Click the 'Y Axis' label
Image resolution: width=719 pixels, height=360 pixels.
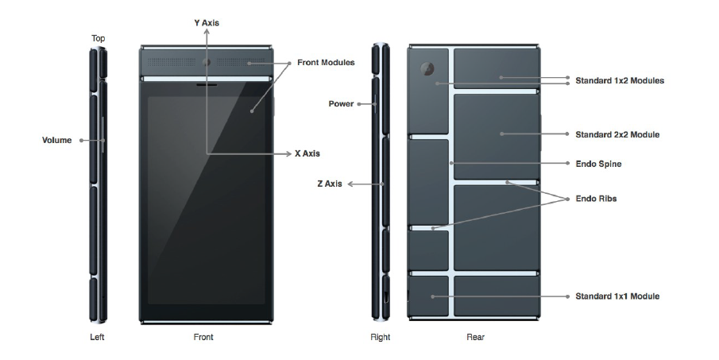(206, 23)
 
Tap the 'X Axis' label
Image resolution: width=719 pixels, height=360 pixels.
(307, 153)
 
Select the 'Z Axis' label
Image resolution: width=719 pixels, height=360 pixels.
(329, 184)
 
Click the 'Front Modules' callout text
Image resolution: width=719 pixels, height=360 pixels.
(326, 62)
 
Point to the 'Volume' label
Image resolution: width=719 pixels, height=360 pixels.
(56, 140)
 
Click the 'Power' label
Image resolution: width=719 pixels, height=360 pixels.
(341, 103)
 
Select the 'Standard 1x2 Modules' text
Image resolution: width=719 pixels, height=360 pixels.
(620, 80)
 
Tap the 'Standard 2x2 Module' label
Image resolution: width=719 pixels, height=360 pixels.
(617, 134)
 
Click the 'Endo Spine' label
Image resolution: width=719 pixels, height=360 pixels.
(598, 164)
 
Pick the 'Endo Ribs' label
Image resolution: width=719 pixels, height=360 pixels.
(596, 199)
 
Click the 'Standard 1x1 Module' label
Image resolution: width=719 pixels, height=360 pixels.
(617, 296)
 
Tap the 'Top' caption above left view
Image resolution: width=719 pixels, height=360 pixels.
(98, 38)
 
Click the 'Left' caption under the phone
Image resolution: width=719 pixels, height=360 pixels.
(97, 337)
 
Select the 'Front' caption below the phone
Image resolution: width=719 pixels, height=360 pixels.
(203, 337)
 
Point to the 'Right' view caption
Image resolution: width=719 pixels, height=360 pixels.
(381, 337)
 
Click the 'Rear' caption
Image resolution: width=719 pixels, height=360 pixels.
(475, 337)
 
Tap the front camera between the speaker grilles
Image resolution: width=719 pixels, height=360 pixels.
(207, 62)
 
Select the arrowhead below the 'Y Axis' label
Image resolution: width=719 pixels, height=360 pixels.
(206, 33)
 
